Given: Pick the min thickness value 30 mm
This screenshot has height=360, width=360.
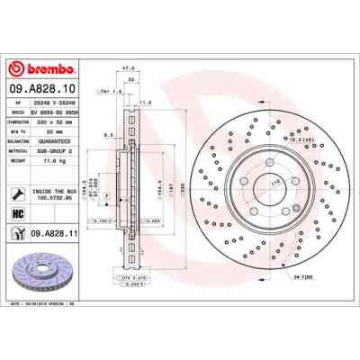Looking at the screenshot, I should [x=55, y=130].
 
